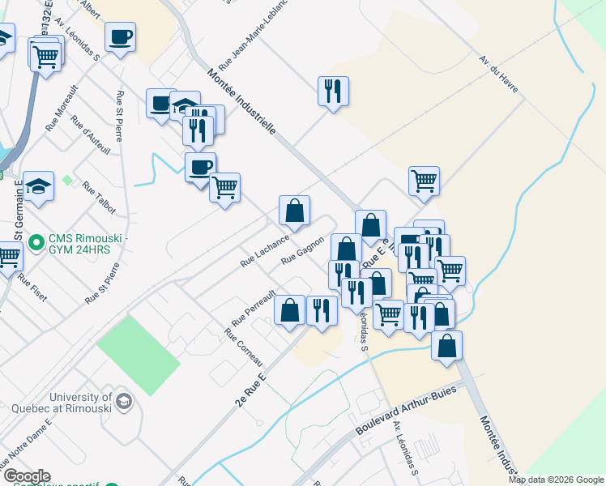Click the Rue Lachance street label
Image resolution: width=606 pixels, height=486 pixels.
265,251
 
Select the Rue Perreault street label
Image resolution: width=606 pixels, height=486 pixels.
254,305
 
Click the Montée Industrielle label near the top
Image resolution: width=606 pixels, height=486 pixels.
242,100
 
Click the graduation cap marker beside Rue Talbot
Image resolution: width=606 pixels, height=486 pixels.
38,186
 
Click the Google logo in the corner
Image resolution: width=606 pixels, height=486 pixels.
26,476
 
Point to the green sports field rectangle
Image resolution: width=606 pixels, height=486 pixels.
139,355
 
